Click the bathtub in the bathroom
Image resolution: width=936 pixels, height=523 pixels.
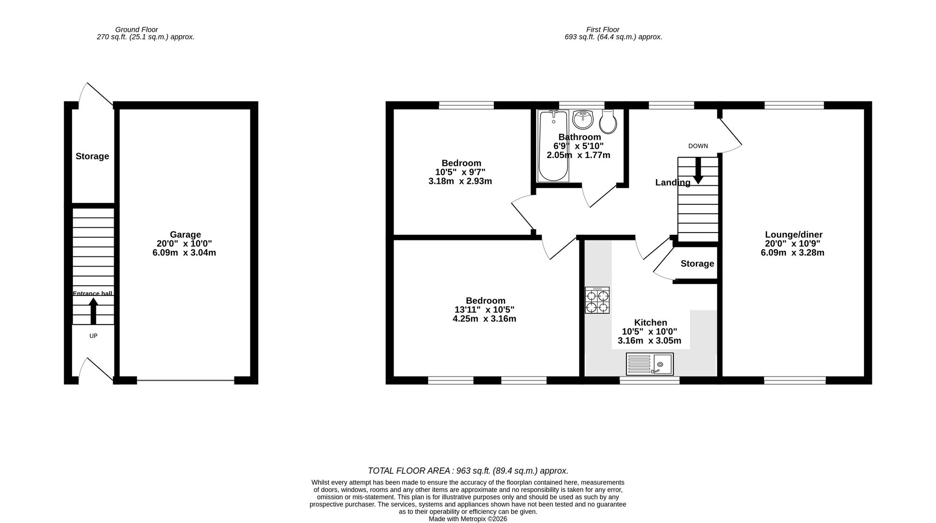(553, 145)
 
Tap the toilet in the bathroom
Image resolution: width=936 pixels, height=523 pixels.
(608, 122)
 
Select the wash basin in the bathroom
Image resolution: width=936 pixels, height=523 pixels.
(583, 119)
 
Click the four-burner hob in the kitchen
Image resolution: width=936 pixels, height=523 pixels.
(597, 300)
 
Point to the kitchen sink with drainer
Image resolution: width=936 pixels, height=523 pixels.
(650, 364)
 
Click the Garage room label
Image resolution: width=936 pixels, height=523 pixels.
(185, 235)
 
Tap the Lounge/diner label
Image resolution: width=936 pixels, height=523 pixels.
(794, 235)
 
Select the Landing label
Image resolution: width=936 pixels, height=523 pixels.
(673, 182)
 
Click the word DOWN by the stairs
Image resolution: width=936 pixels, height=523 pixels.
(698, 146)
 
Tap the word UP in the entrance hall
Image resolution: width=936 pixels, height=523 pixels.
(93, 336)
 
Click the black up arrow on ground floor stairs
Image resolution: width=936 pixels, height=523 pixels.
(93, 311)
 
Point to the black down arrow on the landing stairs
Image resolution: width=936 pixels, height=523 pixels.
(698, 171)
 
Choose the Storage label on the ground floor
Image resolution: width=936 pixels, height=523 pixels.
(92, 156)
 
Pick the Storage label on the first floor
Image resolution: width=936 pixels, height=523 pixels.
(697, 264)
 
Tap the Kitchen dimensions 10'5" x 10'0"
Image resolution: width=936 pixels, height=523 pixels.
(649, 332)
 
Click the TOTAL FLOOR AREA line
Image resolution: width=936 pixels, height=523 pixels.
(468, 471)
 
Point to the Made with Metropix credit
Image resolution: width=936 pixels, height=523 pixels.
(468, 519)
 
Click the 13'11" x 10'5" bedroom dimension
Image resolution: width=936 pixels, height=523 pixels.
(484, 310)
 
